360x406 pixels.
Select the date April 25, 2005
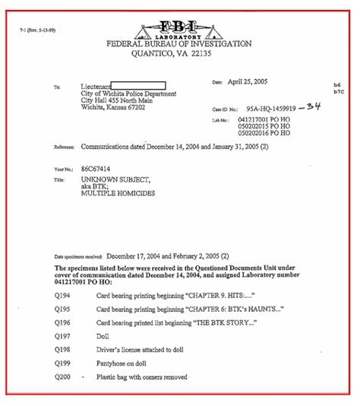(250, 81)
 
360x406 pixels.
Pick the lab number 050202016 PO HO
(264, 133)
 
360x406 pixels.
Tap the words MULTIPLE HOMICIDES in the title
(115, 193)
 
